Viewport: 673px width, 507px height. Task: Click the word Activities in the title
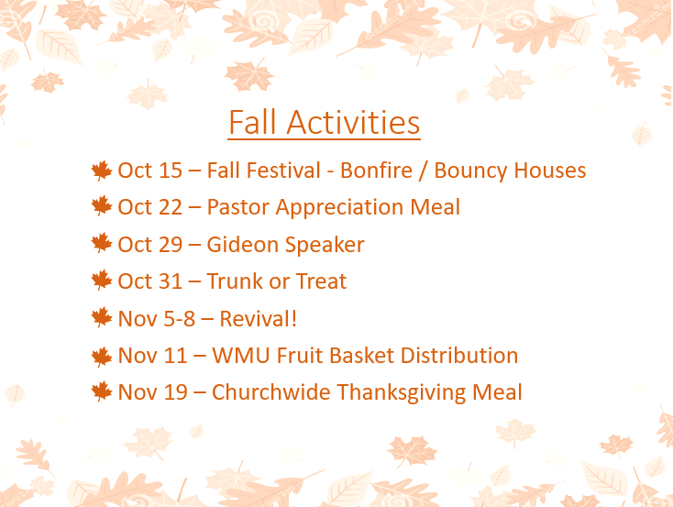point(353,122)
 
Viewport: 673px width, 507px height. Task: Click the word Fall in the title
point(252,122)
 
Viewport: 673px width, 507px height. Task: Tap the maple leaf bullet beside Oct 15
point(102,171)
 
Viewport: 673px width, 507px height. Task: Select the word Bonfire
point(377,170)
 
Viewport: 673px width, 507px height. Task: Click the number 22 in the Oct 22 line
point(169,207)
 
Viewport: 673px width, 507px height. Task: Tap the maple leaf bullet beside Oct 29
point(102,243)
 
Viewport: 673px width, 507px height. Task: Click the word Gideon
point(243,244)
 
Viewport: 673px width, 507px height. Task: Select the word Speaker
point(325,245)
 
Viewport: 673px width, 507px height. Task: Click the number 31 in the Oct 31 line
point(169,281)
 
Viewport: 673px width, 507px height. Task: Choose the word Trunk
point(235,281)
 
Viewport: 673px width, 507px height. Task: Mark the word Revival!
point(258,318)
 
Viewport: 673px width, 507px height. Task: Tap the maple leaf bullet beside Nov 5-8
point(102,318)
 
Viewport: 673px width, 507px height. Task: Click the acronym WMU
point(241,356)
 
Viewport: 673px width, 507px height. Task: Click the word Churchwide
point(270,392)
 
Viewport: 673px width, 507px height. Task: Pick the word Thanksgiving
point(402,393)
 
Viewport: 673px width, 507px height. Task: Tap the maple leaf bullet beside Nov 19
point(102,391)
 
